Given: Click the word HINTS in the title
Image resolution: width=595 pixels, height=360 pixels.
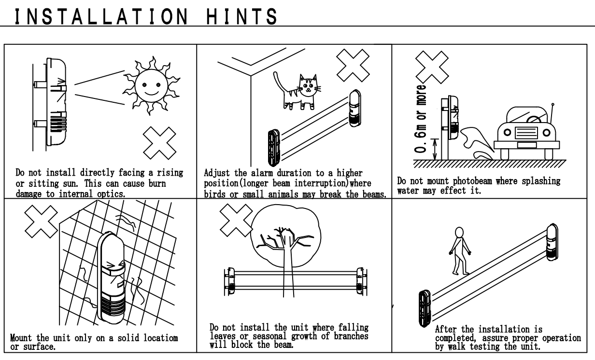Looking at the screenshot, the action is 241,16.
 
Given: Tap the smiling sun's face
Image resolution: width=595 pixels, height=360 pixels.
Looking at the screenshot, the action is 151,86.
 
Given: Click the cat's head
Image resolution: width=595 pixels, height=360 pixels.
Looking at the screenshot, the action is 309,85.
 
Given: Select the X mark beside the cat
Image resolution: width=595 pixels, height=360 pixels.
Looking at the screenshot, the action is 353,65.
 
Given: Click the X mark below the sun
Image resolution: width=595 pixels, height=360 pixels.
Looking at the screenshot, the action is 159,143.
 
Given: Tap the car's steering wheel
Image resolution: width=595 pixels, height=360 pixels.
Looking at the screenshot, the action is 533,120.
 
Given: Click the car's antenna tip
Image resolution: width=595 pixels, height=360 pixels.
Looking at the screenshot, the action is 553,105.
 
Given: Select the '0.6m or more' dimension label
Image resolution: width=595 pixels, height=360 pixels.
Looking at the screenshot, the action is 420,119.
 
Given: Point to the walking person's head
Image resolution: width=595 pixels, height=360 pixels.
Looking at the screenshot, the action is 459,232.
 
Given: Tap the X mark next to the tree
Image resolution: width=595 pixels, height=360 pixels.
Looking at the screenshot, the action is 236,221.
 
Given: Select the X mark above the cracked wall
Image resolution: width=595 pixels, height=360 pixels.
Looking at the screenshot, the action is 41,222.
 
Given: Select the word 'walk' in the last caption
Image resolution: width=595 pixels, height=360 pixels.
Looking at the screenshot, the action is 456,346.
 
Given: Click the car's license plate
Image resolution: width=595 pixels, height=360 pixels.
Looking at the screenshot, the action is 527,145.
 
